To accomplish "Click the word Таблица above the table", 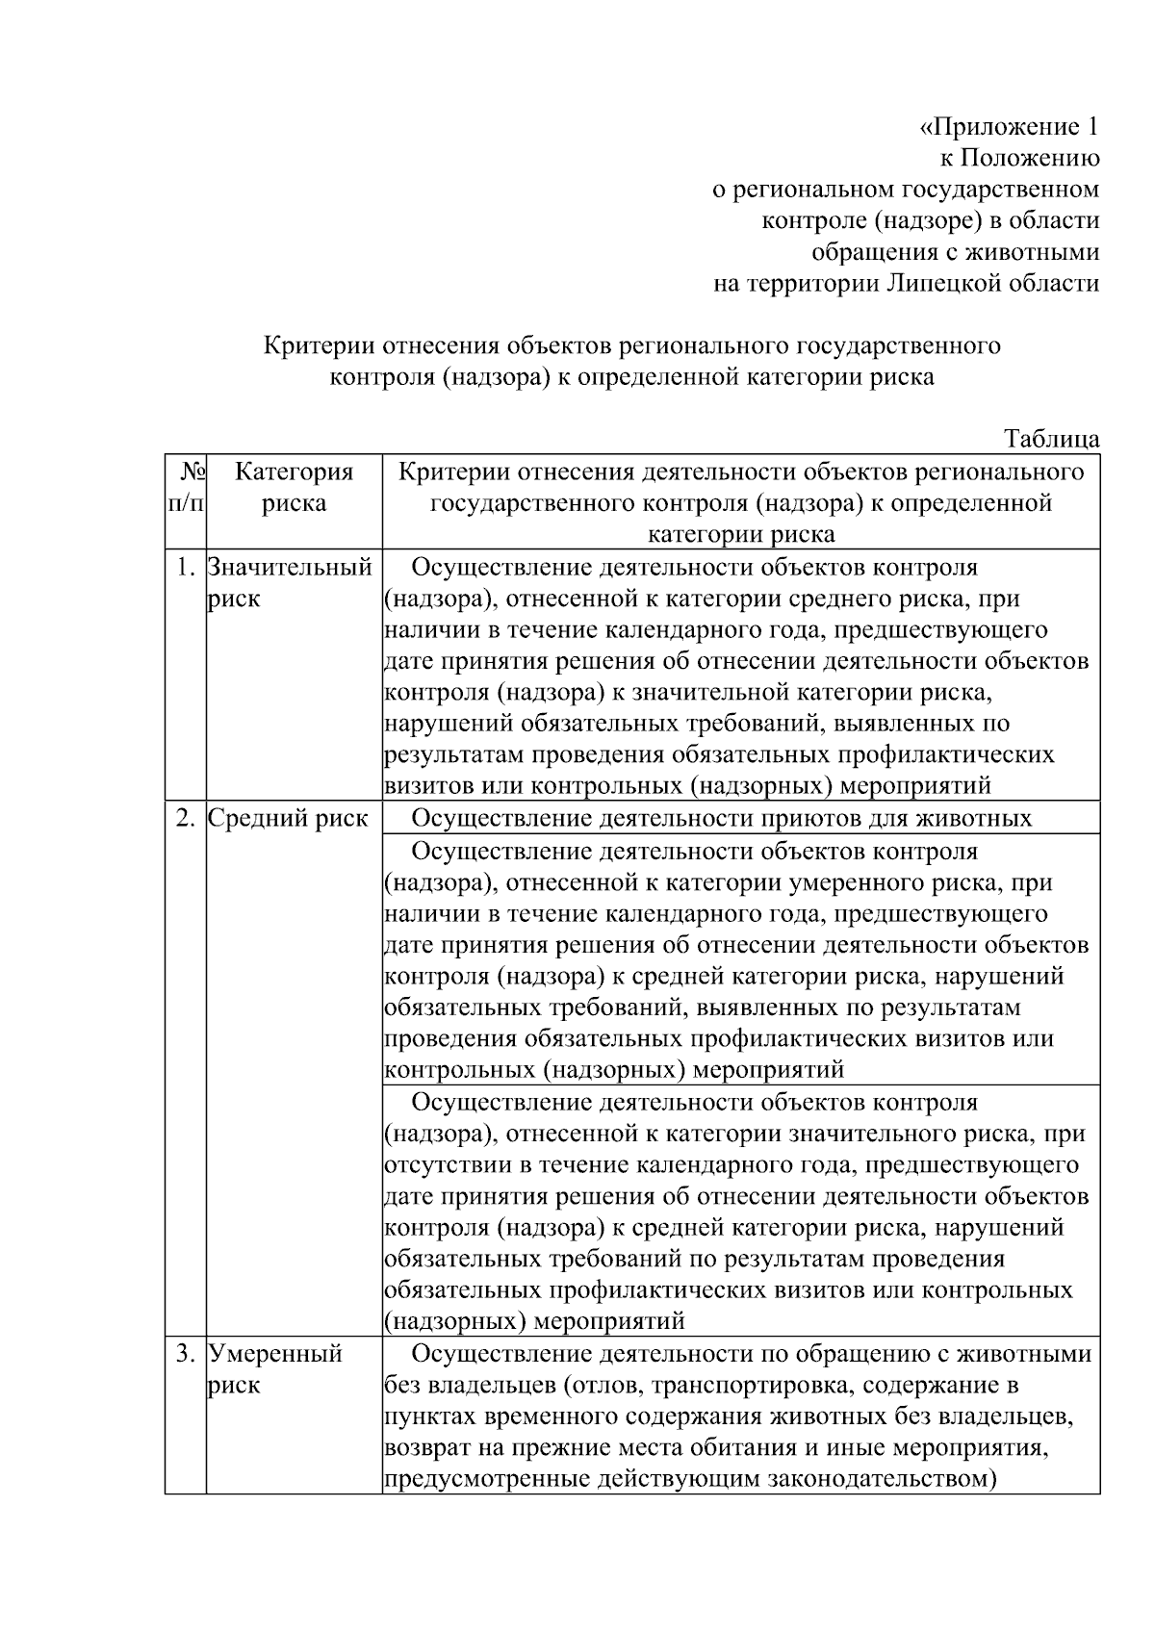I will (1052, 439).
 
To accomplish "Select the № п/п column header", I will (185, 487).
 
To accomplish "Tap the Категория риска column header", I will (294, 487).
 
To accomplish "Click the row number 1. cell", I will (186, 567).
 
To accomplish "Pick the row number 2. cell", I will (186, 819).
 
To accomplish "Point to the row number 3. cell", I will (186, 1354).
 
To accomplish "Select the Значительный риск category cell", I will (289, 582).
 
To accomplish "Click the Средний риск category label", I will (288, 819).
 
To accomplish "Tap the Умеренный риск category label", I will (275, 1368).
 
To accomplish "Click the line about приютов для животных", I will (722, 819).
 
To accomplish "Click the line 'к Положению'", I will (1019, 158).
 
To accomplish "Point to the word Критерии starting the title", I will (321, 345).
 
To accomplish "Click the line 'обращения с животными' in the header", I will (956, 252).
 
